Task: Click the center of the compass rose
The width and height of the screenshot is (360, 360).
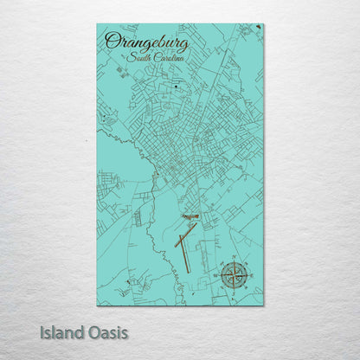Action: coord(233,276)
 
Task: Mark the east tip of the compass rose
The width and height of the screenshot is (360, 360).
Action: coord(247,276)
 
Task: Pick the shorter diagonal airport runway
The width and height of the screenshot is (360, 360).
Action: coord(185,236)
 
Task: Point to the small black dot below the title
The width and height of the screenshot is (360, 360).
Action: coord(176,87)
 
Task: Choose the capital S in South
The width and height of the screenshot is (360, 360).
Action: coord(129,57)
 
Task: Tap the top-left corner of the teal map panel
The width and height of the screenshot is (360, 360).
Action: coord(98,24)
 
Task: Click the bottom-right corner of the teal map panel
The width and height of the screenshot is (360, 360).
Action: coord(263,305)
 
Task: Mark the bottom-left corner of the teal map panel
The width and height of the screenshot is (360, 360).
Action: coord(98,305)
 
